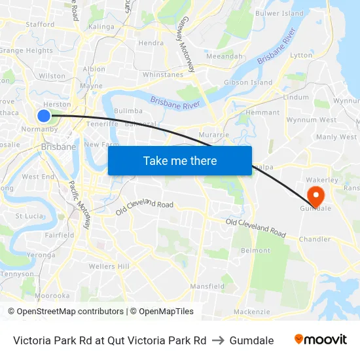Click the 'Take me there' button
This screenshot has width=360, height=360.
click(x=180, y=160)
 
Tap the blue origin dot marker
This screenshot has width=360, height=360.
click(x=44, y=116)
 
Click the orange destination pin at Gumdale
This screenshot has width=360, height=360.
click(x=315, y=196)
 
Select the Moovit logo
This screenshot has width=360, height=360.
click(x=320, y=340)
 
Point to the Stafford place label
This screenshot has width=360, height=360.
click(x=40, y=24)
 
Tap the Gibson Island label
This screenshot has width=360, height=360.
click(x=248, y=83)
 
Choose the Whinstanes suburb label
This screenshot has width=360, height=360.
click(x=162, y=75)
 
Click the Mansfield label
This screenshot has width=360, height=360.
click(x=207, y=287)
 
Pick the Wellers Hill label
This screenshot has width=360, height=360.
click(x=109, y=266)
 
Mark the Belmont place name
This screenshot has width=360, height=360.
click(x=255, y=251)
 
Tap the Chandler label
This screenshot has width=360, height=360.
click(x=315, y=240)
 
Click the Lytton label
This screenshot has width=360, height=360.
click(x=301, y=56)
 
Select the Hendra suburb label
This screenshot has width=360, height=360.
click(x=151, y=43)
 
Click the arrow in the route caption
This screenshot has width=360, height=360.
click(x=218, y=340)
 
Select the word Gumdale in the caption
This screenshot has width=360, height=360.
click(x=251, y=340)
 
